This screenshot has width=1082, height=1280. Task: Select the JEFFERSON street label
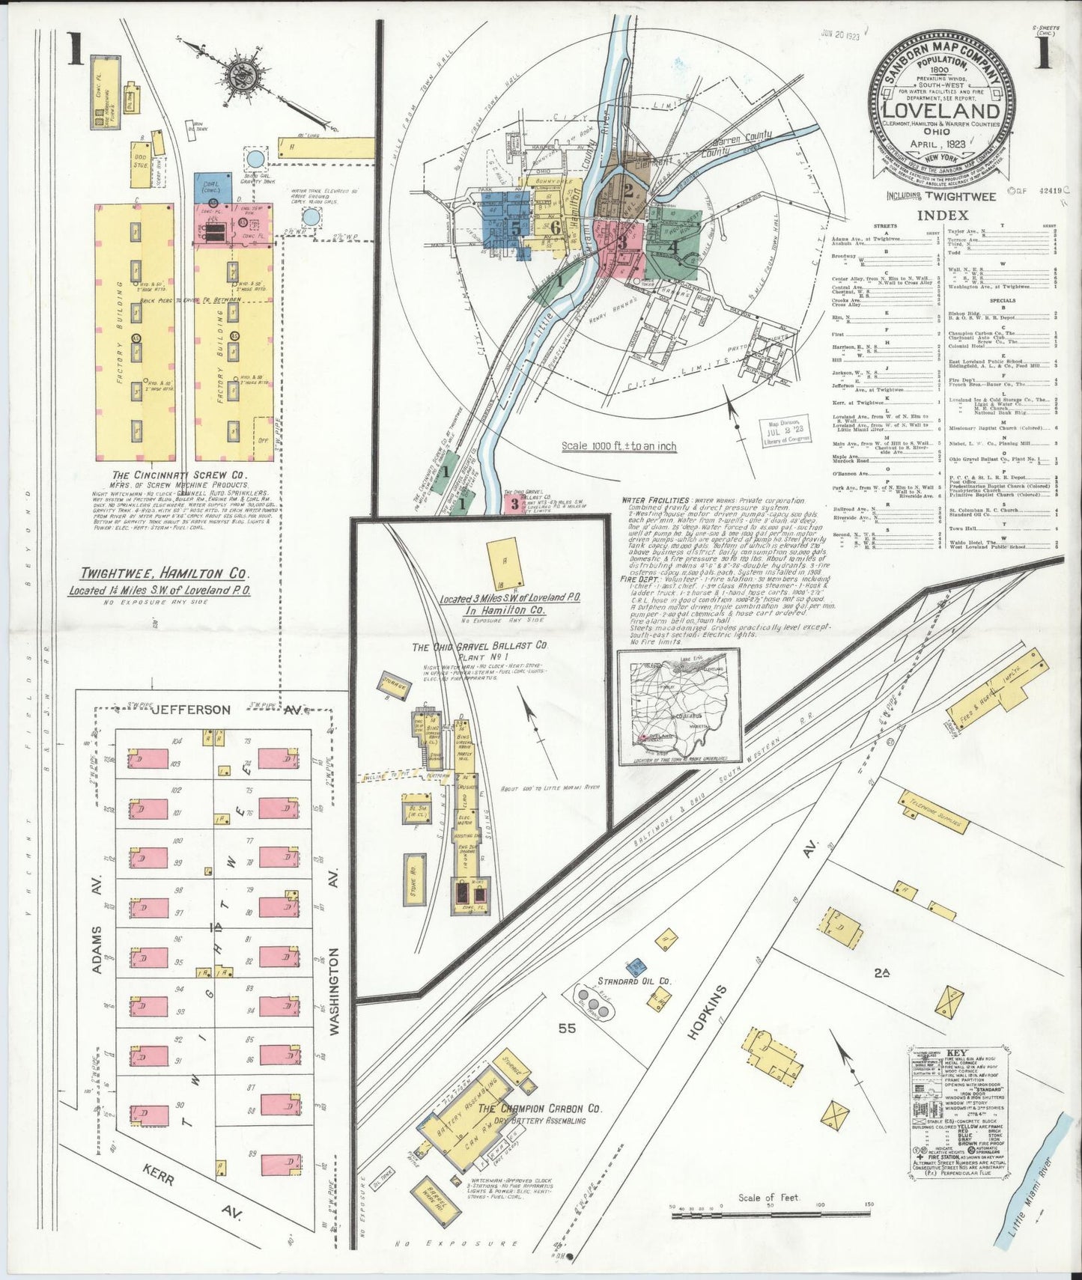click(x=192, y=709)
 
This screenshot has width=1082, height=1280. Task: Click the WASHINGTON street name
click(x=334, y=991)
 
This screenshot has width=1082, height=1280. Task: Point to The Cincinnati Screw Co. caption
click(x=180, y=475)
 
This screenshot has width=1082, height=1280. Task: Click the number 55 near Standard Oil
click(x=566, y=1028)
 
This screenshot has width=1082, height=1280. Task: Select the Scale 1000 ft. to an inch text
click(x=618, y=446)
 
